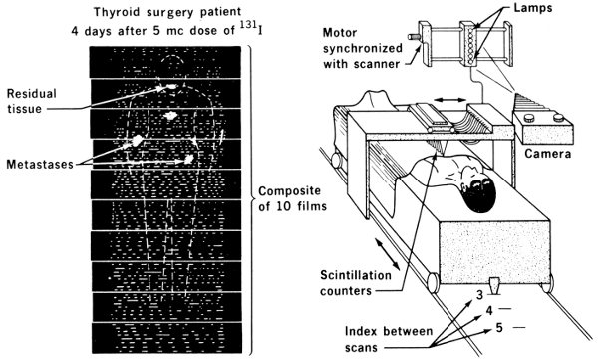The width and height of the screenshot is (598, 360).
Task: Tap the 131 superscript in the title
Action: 250,24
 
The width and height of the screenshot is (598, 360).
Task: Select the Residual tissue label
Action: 32,101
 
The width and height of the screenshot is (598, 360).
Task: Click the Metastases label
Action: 40,164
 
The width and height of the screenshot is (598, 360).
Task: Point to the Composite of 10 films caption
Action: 292,198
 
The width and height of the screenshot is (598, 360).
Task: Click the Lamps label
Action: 533,8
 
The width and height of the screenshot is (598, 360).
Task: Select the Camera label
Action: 547,154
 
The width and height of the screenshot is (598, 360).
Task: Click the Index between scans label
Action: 389,339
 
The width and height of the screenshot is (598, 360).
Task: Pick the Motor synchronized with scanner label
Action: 363,48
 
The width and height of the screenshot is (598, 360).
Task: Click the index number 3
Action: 479,295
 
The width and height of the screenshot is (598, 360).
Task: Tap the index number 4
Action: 489,311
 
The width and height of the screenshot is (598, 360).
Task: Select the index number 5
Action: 499,327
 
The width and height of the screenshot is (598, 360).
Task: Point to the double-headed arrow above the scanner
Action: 450,100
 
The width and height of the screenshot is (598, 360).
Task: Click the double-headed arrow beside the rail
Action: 387,254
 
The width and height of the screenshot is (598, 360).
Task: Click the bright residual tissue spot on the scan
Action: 169,87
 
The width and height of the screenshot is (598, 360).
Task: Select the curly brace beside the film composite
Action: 250,198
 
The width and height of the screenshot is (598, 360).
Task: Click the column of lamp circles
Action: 470,43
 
